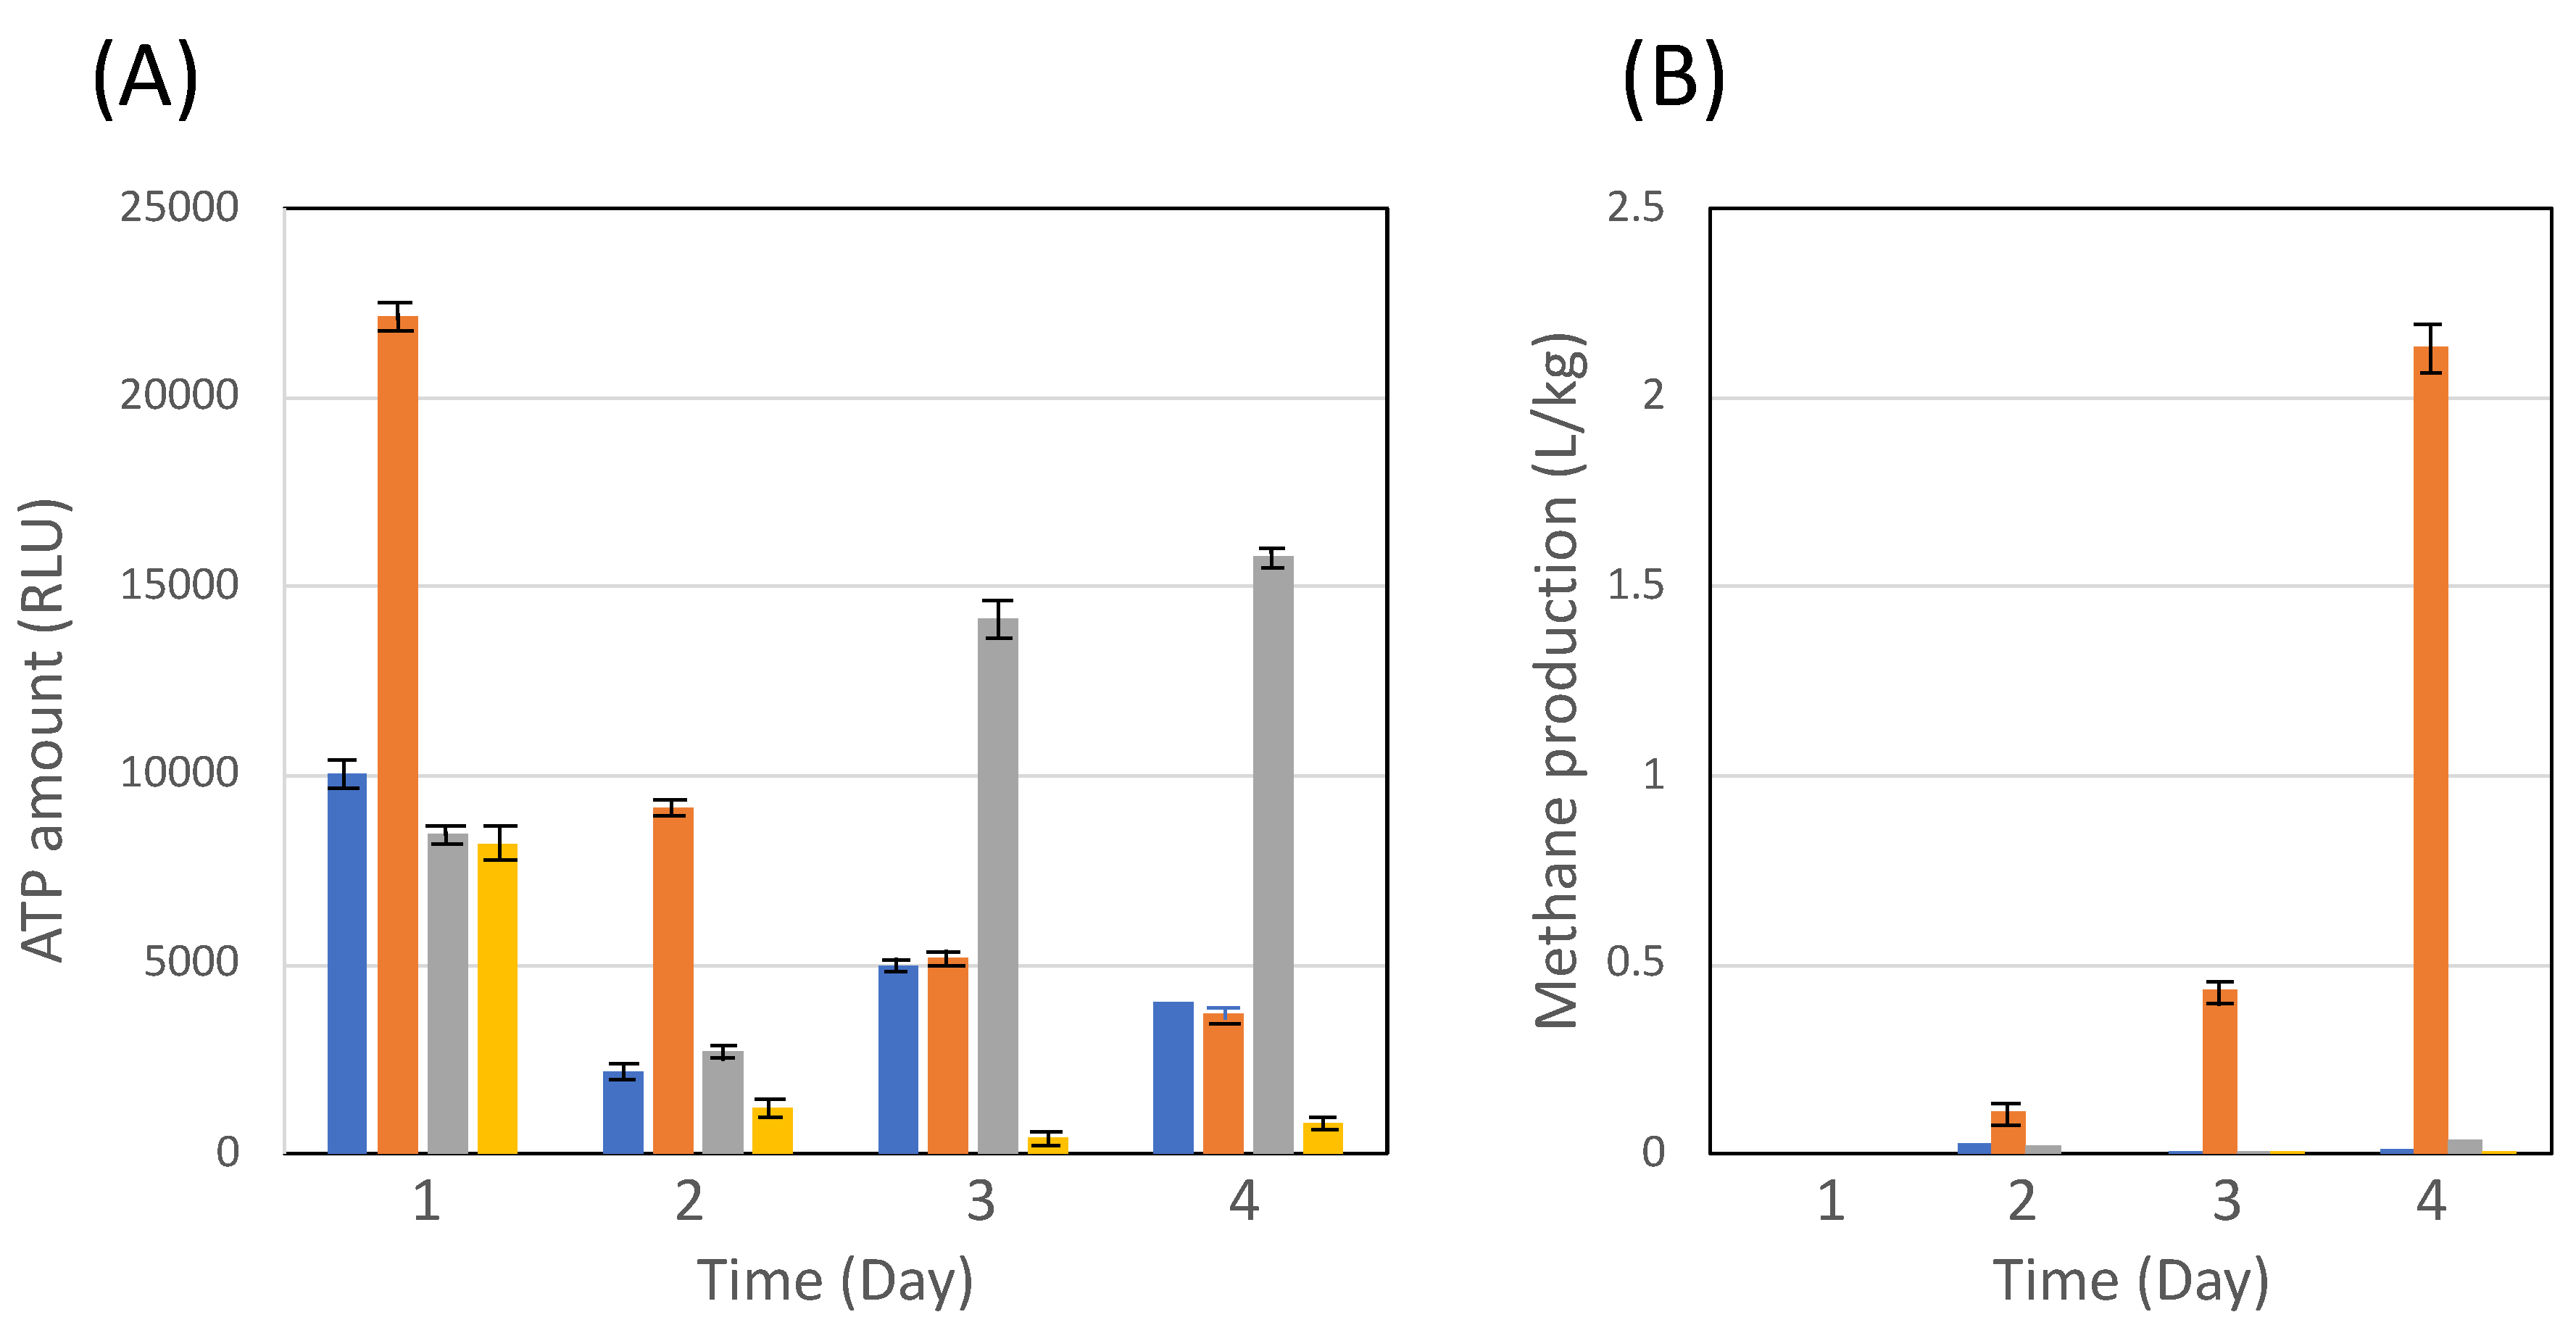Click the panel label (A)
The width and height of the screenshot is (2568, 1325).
[x=146, y=80]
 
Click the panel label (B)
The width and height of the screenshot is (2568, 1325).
[x=1673, y=80]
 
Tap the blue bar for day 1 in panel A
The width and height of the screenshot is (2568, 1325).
[x=347, y=962]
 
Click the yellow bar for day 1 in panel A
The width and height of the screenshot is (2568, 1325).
[x=497, y=997]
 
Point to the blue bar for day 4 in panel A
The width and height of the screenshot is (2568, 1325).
[x=1173, y=1077]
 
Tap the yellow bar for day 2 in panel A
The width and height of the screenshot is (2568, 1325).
[x=773, y=1131]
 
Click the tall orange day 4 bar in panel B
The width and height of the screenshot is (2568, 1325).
[x=2430, y=748]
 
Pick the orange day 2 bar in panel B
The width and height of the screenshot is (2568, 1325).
[x=2008, y=1133]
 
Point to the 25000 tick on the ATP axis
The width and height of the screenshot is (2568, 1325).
[x=180, y=207]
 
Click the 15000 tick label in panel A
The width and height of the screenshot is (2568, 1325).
[x=180, y=585]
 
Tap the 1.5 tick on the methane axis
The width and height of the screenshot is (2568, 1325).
[x=1635, y=585]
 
